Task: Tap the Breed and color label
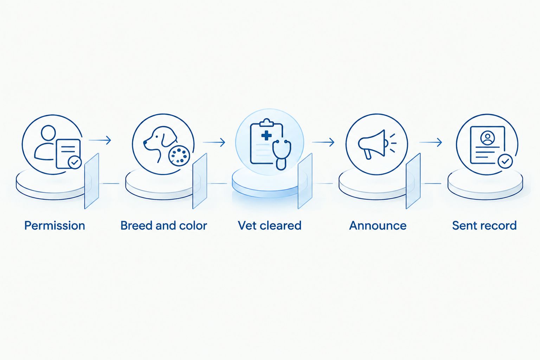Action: [164, 226]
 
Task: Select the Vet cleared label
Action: [270, 226]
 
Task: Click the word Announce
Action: [378, 226]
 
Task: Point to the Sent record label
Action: [484, 226]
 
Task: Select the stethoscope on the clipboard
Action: [281, 155]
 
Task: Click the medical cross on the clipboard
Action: [266, 135]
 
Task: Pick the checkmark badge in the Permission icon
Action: [75, 162]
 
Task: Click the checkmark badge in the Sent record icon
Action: [505, 161]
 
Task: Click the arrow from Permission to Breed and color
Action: [100, 140]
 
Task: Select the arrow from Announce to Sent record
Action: [431, 142]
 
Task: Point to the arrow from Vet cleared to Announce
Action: [323, 142]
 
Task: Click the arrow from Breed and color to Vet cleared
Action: [214, 142]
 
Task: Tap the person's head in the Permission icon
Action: [49, 133]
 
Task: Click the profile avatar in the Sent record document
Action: [488, 138]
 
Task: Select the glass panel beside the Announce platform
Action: [413, 181]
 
